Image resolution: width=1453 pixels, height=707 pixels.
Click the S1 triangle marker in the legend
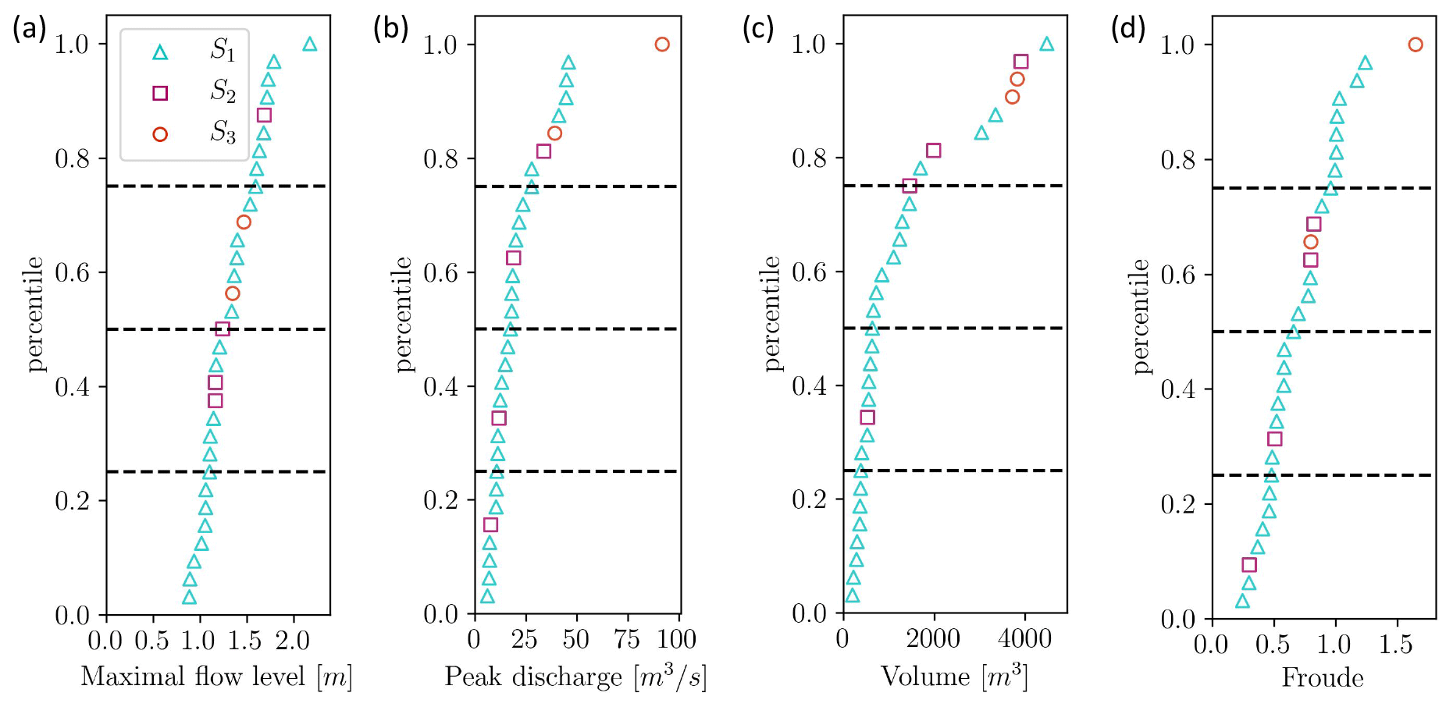[x=160, y=53]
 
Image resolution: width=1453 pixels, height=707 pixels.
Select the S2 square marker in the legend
[x=160, y=94]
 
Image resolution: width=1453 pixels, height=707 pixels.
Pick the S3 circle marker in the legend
[x=160, y=134]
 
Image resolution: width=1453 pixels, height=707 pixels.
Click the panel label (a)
[x=29, y=29]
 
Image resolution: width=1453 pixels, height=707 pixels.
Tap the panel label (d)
[x=1128, y=29]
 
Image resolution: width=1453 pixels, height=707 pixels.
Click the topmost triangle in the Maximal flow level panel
[x=310, y=44]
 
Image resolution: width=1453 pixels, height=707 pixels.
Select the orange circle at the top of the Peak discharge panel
[x=662, y=44]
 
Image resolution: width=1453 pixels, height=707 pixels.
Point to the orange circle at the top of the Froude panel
[x=1416, y=44]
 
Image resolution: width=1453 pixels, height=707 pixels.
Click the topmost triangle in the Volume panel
[x=1047, y=44]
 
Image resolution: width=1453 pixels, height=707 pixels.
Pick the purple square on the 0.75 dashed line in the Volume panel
[x=910, y=186]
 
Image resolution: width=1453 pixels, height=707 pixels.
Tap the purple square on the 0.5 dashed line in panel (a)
[x=223, y=329]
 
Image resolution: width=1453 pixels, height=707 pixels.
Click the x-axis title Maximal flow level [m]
[x=216, y=677]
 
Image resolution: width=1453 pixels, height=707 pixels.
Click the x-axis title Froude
[x=1323, y=677]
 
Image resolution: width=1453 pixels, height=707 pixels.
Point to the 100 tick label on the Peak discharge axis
[x=676, y=640]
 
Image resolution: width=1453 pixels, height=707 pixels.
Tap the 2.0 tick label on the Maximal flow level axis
[x=293, y=641]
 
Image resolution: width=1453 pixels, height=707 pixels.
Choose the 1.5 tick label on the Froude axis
[x=1395, y=645]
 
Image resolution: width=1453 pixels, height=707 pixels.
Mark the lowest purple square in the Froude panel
[x=1249, y=565]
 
